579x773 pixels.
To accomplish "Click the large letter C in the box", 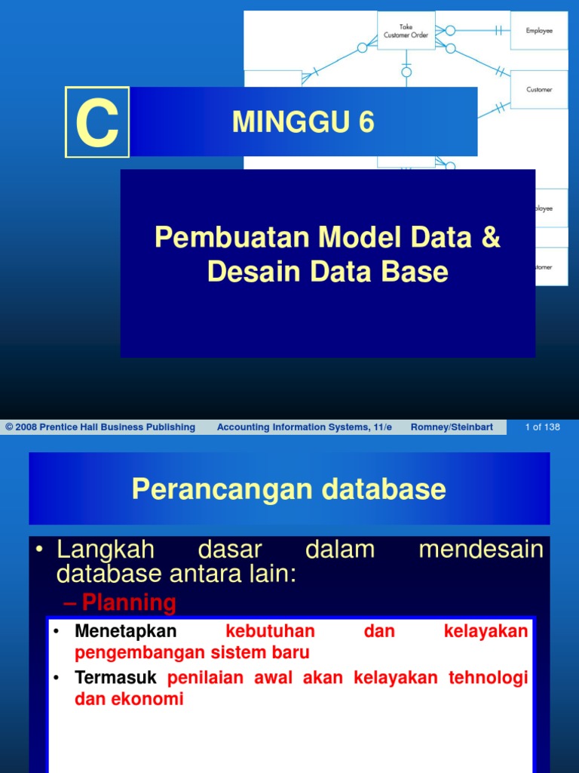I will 97,122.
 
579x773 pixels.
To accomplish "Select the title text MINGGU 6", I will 303,122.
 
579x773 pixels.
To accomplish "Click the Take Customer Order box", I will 406,31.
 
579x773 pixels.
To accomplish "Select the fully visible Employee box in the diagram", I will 538,31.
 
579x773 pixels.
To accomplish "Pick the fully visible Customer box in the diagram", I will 538,89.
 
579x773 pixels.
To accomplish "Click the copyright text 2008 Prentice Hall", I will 100,427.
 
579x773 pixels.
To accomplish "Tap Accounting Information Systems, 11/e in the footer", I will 304,427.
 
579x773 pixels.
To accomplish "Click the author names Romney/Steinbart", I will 452,427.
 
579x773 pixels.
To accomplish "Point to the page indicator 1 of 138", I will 542,427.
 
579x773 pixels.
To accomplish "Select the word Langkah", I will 106,550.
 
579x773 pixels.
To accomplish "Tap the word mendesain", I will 480,550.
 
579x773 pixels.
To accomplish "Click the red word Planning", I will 129,602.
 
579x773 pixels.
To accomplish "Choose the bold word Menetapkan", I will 125,631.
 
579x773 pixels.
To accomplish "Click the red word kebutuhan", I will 270,631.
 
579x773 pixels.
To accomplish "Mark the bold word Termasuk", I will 118,678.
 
